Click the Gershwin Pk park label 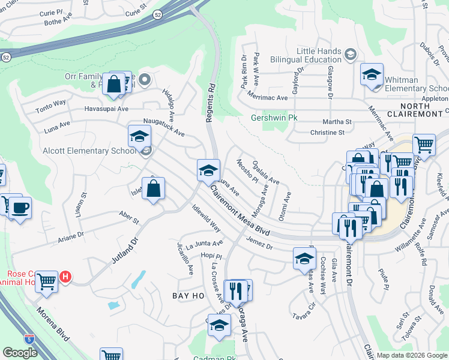click(x=274, y=118)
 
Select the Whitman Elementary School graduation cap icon click(x=372, y=75)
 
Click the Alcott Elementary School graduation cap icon click(x=139, y=136)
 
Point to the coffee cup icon click(x=20, y=208)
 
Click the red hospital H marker click(x=67, y=277)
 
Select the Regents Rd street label click(x=210, y=102)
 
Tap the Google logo click(x=20, y=353)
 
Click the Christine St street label click(x=327, y=133)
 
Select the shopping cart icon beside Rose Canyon click(x=46, y=280)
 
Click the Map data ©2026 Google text click(x=411, y=355)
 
